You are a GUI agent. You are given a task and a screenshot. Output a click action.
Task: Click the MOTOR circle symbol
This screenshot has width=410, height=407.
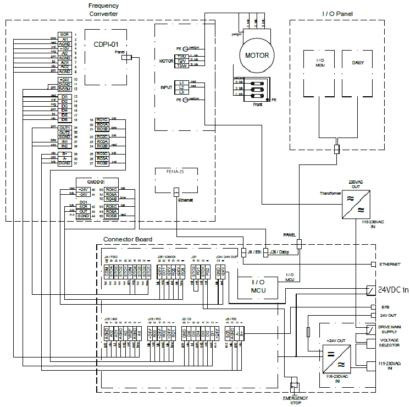tap(257, 56)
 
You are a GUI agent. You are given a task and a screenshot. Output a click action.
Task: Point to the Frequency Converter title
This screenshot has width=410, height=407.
tap(103, 9)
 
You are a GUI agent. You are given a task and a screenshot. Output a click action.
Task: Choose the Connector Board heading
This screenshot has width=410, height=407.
tap(128, 240)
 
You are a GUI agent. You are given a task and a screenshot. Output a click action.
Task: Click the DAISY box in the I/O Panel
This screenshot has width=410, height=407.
tap(357, 63)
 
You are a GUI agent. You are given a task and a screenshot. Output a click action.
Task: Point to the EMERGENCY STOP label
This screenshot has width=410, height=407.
tap(296, 400)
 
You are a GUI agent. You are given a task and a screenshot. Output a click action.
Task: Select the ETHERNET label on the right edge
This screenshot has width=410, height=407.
tap(390, 265)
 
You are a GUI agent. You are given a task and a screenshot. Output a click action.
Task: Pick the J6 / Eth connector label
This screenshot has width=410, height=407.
tap(253, 252)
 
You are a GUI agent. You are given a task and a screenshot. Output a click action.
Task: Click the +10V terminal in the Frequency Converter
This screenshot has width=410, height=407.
tap(64, 48)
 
